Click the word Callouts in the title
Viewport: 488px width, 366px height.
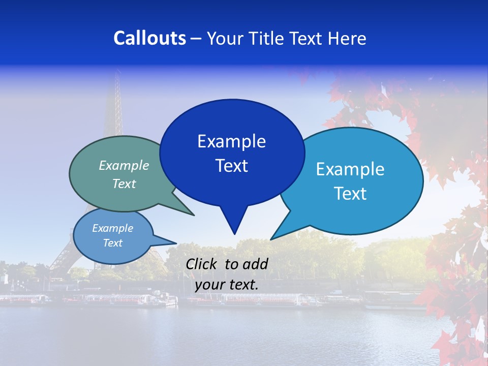click(x=149, y=38)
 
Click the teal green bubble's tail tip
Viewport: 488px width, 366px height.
click(x=194, y=215)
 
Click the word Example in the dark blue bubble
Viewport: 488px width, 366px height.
click(x=231, y=141)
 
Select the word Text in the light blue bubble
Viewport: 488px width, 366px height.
click(x=350, y=194)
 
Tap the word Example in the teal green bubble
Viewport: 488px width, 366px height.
click(x=124, y=166)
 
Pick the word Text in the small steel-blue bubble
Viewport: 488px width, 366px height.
click(x=112, y=243)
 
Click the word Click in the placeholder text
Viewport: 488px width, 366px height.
click(x=202, y=264)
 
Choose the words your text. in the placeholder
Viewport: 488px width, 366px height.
click(x=227, y=284)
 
